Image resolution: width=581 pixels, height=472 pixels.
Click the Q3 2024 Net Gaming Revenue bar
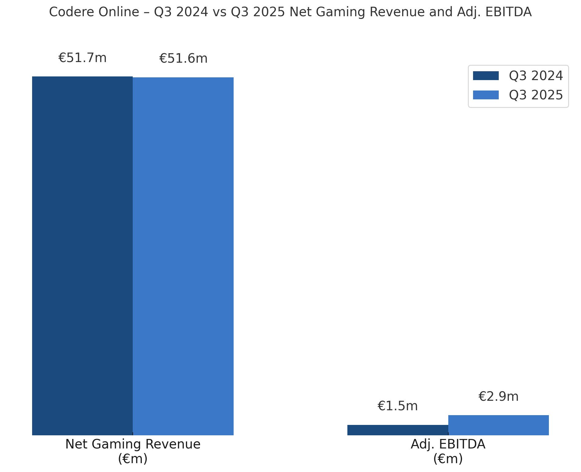(82, 256)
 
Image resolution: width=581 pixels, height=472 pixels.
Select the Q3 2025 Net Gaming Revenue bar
(183, 256)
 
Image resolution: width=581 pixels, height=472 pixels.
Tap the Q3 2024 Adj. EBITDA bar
(398, 430)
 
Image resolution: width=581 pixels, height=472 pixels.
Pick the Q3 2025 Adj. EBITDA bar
(498, 425)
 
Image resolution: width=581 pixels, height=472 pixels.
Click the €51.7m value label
(82, 58)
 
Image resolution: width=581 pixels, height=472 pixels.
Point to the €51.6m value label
(183, 58)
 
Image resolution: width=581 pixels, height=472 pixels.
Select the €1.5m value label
(398, 406)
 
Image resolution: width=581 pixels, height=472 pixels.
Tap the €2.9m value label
(498, 396)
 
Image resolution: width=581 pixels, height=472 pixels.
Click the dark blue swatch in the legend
(486, 76)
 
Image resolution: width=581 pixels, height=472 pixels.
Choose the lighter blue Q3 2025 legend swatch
(486, 95)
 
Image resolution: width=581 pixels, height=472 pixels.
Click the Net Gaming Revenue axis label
(133, 444)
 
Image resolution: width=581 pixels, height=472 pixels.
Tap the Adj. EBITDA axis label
(448, 444)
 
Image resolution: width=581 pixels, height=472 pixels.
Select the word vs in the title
(220, 12)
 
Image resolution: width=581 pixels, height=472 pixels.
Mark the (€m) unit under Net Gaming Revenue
(133, 459)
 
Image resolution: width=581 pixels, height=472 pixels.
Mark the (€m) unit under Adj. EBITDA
(448, 459)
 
